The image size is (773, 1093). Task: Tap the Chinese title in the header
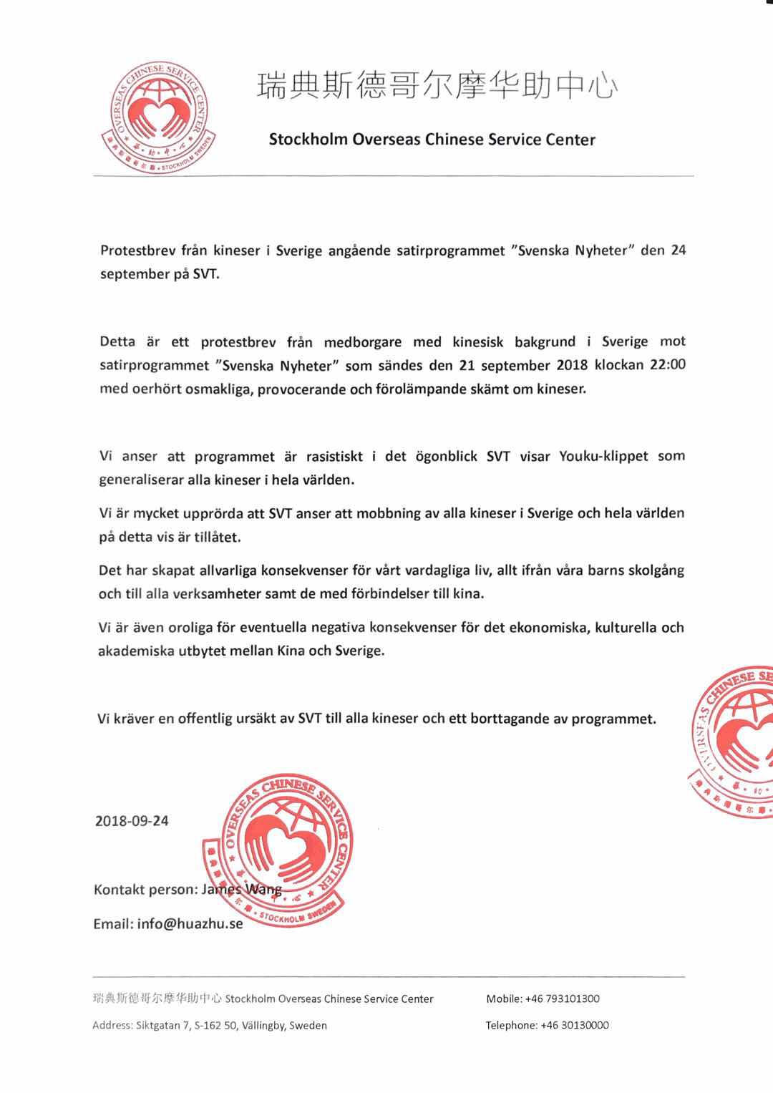[437, 87]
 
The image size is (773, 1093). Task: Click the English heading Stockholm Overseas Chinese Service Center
[432, 140]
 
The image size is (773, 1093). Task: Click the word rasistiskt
[335, 457]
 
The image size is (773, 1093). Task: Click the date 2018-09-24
[132, 821]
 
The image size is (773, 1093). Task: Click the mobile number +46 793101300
[562, 999]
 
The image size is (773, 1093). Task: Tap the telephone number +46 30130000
[570, 1025]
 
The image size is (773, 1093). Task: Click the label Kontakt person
[145, 890]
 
